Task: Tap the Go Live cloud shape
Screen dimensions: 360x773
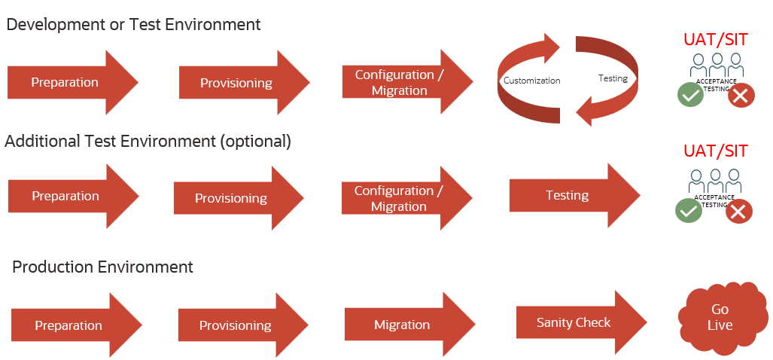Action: click(x=720, y=317)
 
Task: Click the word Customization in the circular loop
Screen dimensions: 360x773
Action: click(x=531, y=81)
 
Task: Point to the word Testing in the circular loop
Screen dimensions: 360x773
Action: click(x=612, y=78)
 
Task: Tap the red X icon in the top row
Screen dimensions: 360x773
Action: click(x=741, y=95)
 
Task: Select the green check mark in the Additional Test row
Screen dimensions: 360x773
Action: click(x=689, y=211)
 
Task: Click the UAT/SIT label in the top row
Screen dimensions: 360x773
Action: click(x=715, y=39)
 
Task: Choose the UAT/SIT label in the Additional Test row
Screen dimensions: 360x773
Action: click(x=715, y=151)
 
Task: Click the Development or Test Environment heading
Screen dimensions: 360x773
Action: click(x=133, y=24)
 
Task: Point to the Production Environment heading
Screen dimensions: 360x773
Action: click(x=103, y=267)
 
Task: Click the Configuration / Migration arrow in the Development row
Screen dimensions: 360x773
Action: click(x=404, y=83)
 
